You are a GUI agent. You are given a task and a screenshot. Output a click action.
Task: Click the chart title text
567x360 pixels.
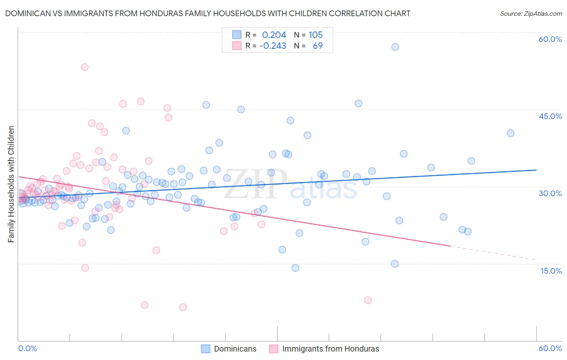tap(208, 13)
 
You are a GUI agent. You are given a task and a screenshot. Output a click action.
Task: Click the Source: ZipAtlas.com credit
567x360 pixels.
tap(531, 13)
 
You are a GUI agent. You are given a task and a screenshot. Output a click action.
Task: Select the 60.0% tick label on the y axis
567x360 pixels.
tap(550, 39)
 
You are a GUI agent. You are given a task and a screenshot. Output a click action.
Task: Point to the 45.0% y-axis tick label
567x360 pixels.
tap(550, 116)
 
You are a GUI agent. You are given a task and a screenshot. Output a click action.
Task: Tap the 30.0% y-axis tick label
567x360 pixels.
tap(550, 193)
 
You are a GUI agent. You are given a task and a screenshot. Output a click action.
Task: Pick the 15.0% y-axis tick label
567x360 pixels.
tap(551, 271)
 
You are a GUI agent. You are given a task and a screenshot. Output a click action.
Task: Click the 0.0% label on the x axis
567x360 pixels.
tap(27, 349)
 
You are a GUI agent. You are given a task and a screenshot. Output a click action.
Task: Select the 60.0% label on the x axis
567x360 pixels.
tap(550, 349)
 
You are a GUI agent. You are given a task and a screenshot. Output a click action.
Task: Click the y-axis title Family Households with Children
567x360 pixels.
tap(11, 184)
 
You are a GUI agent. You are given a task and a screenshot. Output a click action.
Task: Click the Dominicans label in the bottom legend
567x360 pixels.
tap(235, 349)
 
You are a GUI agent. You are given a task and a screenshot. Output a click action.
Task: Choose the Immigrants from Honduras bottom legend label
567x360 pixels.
tap(331, 349)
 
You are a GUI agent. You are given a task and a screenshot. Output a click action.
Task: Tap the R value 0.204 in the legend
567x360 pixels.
tap(274, 35)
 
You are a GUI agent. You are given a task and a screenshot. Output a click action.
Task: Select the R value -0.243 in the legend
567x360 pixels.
tap(273, 46)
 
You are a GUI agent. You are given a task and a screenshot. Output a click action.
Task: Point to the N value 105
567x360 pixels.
tap(316, 35)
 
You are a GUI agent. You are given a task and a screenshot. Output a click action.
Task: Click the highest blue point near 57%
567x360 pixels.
tap(395, 47)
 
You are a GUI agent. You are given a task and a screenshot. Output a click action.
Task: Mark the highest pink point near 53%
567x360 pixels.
tap(85, 67)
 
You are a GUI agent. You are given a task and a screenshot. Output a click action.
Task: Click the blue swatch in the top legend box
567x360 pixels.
tap(237, 35)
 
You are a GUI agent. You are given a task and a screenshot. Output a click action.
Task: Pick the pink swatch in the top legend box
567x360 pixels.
tap(237, 46)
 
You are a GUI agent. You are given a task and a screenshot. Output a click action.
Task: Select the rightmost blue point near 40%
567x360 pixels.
tap(511, 133)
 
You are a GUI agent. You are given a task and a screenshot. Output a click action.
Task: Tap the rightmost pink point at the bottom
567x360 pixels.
tap(368, 300)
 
